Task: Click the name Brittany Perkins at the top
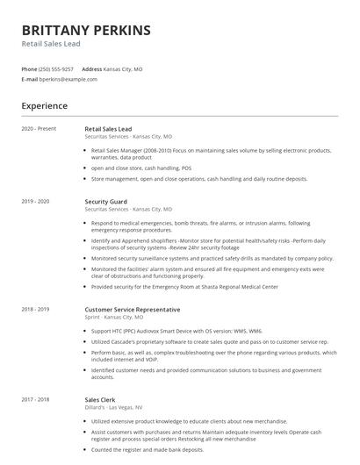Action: (86, 30)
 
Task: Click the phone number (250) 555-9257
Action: (57, 68)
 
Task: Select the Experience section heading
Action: (45, 106)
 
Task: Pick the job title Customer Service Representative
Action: (133, 309)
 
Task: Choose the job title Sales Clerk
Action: (101, 399)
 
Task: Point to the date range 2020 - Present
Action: (38, 129)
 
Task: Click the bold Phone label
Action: (29, 68)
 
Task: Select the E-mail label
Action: (29, 79)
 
